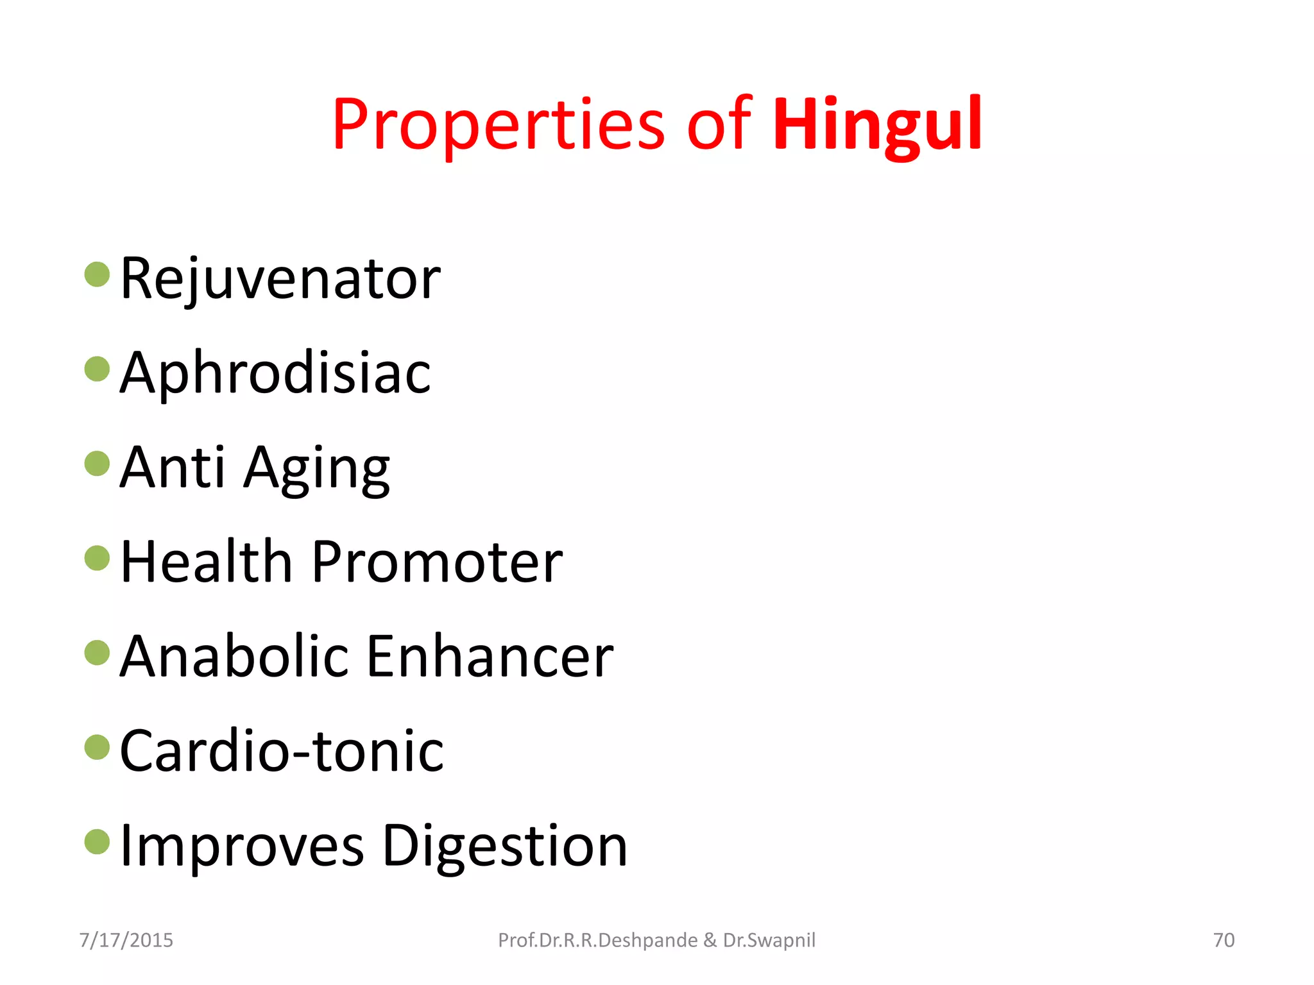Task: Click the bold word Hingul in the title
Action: tap(877, 124)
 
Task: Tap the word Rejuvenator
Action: tap(280, 279)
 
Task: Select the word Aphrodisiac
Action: tap(275, 373)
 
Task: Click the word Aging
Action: tap(317, 469)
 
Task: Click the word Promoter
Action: tap(437, 562)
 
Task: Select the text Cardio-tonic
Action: tap(282, 751)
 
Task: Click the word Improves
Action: tap(242, 846)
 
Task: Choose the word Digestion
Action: tap(505, 846)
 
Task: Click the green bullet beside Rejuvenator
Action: tap(98, 274)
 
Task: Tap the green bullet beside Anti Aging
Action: tap(98, 464)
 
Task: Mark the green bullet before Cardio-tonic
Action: tap(98, 747)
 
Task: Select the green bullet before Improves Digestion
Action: tap(98, 842)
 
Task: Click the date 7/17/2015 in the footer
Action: tap(126, 940)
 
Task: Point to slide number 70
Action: tap(1224, 940)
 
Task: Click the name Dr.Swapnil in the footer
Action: tap(769, 940)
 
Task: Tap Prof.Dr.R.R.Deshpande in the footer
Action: tap(597, 940)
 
